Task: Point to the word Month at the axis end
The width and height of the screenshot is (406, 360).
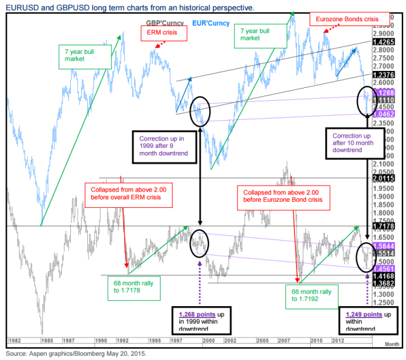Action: [x=393, y=343]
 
